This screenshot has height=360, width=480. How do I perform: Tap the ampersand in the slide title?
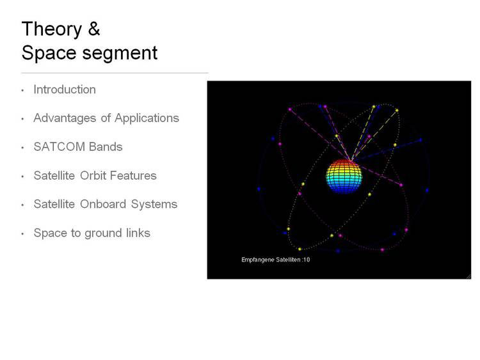(x=94, y=29)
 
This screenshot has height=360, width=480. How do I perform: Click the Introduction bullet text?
(x=65, y=90)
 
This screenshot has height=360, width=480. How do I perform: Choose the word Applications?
(x=147, y=119)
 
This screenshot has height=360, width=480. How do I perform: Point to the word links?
(x=138, y=233)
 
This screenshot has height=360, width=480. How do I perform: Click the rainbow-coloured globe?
(x=344, y=176)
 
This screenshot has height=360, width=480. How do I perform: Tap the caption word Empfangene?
(x=258, y=260)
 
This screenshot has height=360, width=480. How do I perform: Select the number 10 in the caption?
(x=307, y=260)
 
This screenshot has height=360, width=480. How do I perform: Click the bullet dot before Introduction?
(x=22, y=91)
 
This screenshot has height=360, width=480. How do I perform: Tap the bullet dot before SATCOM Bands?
(x=22, y=148)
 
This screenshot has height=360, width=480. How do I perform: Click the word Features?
(x=133, y=176)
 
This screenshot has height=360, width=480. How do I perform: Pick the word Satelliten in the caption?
(x=289, y=260)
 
